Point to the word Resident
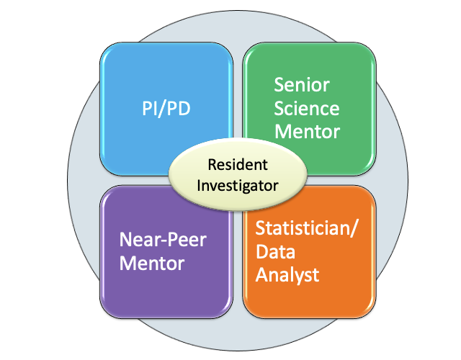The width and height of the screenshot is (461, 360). (237, 165)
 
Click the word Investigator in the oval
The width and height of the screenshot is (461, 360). (237, 185)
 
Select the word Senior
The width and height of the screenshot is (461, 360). (301, 85)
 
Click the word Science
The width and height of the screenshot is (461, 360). (306, 109)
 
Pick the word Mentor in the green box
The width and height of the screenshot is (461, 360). (306, 132)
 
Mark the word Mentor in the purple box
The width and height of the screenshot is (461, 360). (151, 263)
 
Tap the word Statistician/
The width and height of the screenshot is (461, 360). (307, 230)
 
